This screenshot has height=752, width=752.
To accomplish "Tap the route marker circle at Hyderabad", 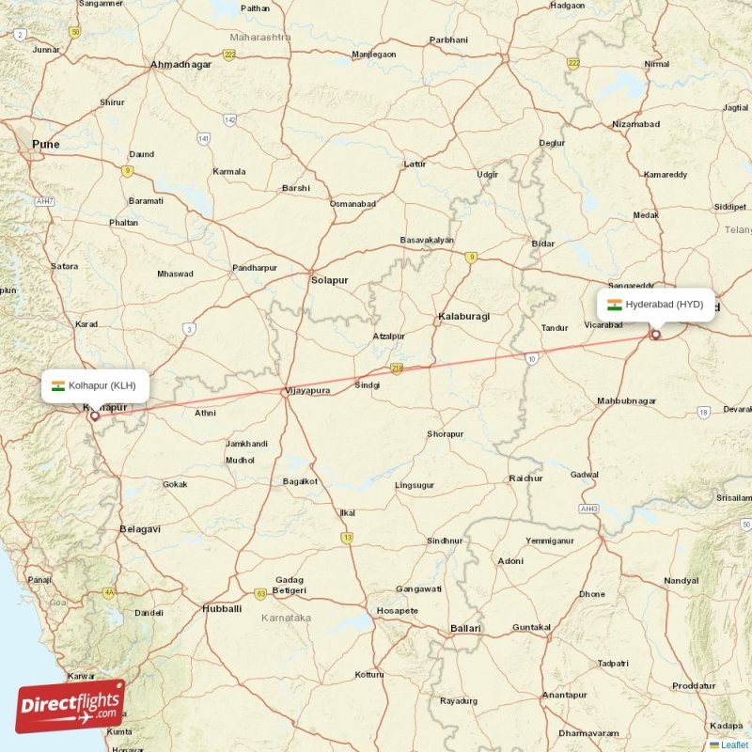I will (x=655, y=334).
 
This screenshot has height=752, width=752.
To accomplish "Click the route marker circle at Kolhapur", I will (x=94, y=415).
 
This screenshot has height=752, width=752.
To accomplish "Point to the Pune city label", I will (x=44, y=144).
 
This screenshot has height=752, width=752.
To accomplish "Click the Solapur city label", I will (x=329, y=280).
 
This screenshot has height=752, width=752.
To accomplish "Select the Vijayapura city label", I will (x=307, y=390).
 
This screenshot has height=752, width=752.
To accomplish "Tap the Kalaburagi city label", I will (x=463, y=317).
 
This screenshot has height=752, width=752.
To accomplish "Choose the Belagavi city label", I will (x=140, y=529).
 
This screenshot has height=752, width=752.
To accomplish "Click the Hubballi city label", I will (x=222, y=609).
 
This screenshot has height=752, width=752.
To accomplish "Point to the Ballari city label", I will (x=465, y=628).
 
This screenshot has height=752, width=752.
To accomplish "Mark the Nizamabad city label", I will (x=635, y=124).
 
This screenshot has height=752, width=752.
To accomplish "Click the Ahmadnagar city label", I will (x=180, y=65).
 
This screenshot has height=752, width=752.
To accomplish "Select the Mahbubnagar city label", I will (x=626, y=401).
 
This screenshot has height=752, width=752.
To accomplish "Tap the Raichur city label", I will (x=525, y=478).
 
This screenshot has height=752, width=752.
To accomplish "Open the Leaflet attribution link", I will (x=734, y=744).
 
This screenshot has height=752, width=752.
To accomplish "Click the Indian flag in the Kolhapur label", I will (x=58, y=385).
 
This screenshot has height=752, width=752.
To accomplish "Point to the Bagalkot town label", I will (x=300, y=481).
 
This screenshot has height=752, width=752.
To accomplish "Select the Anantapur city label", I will (x=564, y=695).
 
